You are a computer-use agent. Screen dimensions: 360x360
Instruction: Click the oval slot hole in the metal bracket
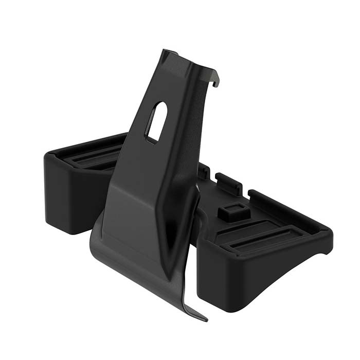point(156,122)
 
